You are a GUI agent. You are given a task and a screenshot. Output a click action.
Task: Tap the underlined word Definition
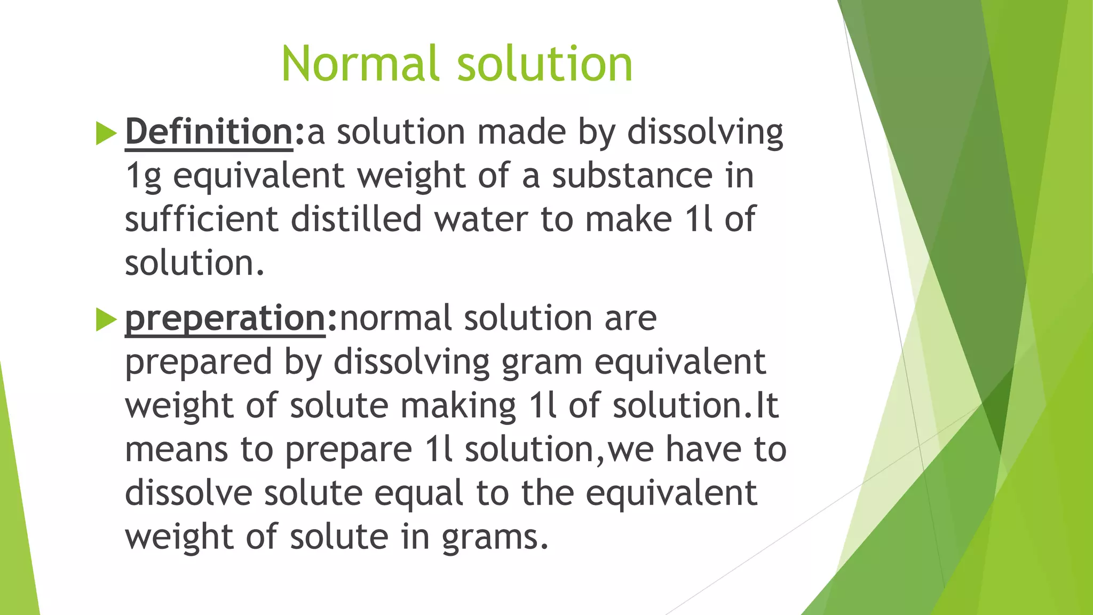(x=209, y=132)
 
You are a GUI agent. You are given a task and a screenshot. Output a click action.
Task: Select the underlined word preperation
(x=225, y=318)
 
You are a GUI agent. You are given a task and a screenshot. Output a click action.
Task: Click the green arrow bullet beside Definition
(x=106, y=133)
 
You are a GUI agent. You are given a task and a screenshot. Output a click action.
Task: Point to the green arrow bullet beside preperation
(x=106, y=320)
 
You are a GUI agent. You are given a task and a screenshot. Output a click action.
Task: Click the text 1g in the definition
(x=143, y=176)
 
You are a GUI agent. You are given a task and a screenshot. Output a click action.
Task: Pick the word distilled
(x=357, y=219)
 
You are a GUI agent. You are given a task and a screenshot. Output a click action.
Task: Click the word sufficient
(x=201, y=219)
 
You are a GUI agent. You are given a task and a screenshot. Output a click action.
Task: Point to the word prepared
(x=198, y=363)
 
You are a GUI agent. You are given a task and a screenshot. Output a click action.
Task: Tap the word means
(x=177, y=450)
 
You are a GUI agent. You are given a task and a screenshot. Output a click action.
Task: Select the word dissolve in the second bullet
(x=188, y=493)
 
